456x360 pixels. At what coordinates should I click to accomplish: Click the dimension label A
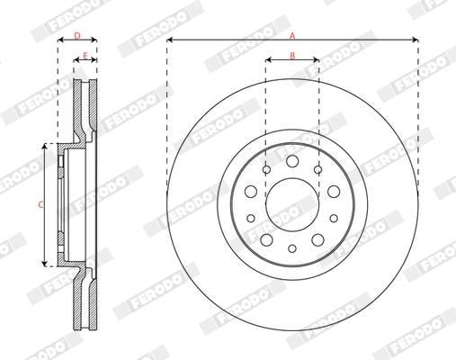click(x=292, y=36)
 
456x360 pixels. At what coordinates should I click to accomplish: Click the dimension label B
click(x=292, y=56)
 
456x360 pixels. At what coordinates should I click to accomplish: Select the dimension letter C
click(x=40, y=205)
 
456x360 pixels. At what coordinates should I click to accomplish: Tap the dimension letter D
click(x=77, y=36)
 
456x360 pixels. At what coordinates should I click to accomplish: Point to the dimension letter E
click(x=85, y=56)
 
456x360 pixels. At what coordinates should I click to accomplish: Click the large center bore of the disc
click(x=292, y=204)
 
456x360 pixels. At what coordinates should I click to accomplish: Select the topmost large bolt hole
click(x=292, y=161)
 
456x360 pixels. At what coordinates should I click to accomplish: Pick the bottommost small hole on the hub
click(x=292, y=248)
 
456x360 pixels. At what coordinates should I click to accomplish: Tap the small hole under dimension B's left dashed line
click(x=266, y=170)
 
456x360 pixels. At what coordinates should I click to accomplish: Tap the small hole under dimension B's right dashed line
click(x=318, y=170)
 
